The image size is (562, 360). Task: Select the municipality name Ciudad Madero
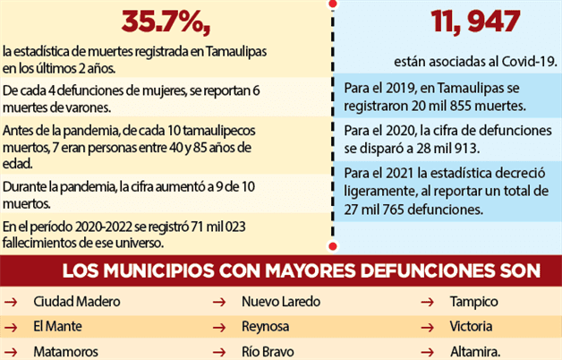(76, 302)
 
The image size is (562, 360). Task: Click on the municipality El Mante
(58, 326)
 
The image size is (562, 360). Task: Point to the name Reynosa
(266, 326)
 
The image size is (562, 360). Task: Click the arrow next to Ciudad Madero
(12, 303)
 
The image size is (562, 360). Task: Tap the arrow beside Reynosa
(218, 327)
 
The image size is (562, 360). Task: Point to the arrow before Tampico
(431, 303)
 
